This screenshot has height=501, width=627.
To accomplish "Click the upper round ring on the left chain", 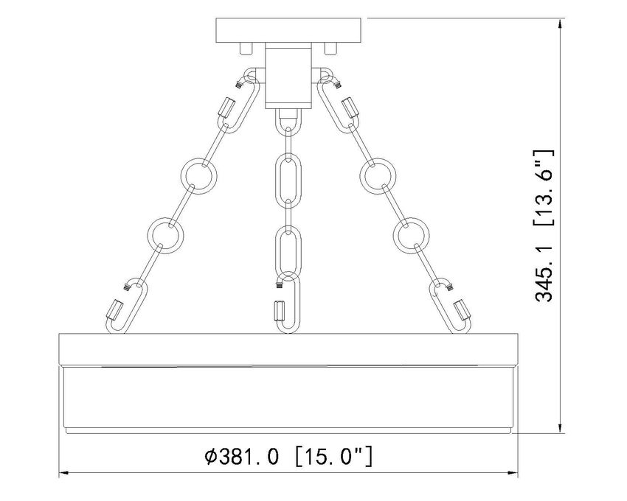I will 197,175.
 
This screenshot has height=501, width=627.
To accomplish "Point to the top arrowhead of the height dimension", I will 562,21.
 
